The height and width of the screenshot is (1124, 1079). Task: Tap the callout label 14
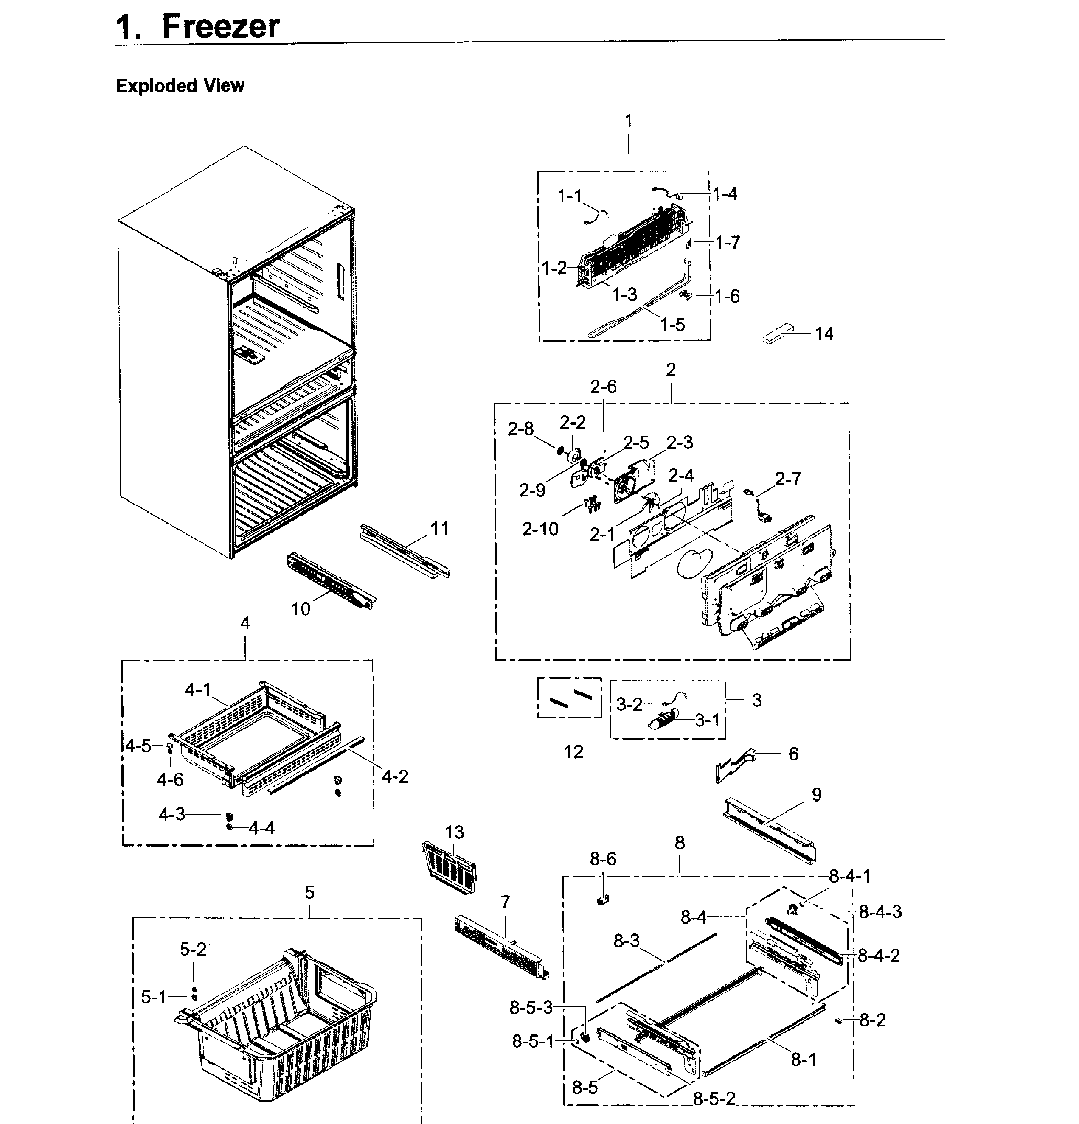824,334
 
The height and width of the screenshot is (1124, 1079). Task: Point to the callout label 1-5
672,325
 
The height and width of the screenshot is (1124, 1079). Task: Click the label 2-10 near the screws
540,529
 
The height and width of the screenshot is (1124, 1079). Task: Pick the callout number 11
439,528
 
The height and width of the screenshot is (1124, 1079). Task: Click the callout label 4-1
198,690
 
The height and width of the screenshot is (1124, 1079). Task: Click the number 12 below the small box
573,751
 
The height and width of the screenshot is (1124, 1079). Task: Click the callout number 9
816,794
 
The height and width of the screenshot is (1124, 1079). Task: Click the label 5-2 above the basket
193,949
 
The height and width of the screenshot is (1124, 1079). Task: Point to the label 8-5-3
531,1008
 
